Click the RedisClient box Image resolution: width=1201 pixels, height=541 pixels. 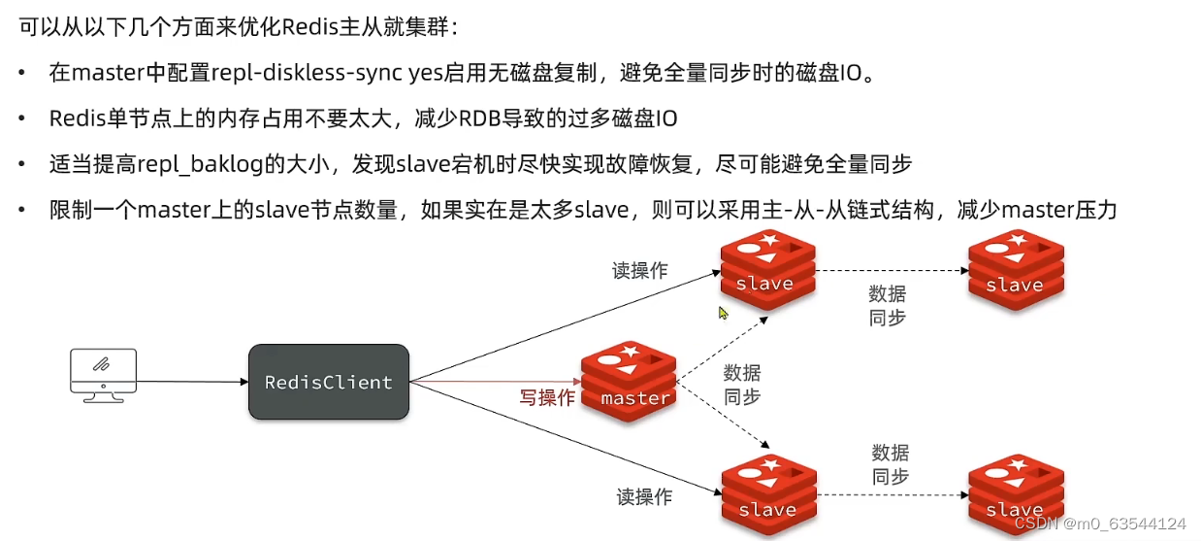(328, 382)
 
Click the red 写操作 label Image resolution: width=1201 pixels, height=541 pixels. (547, 398)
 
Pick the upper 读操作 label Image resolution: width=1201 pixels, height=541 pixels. (639, 271)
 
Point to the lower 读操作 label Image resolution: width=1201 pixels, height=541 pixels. (644, 497)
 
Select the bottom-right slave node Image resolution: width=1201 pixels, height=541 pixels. (1015, 493)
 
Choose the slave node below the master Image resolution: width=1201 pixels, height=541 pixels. (767, 493)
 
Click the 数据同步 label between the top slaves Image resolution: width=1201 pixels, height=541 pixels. (888, 305)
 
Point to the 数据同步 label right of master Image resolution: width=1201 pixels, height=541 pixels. (742, 385)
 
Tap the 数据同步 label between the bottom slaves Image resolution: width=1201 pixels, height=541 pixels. (891, 464)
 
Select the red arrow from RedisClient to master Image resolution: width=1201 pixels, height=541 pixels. (495, 383)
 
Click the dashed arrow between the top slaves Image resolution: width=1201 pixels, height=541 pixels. (891, 271)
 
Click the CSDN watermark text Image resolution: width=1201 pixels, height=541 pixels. (1100, 523)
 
